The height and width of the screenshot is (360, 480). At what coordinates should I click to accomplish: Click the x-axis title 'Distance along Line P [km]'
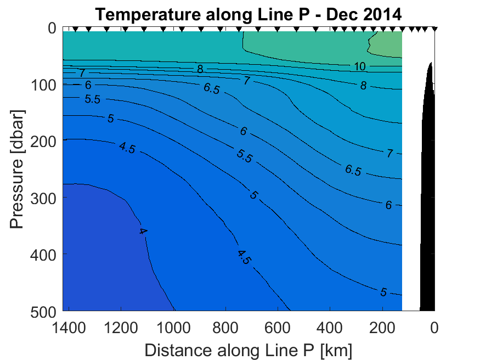click(249, 350)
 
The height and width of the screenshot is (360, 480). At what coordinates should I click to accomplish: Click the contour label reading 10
click(360, 67)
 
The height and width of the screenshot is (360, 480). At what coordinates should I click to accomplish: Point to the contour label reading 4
click(143, 232)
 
